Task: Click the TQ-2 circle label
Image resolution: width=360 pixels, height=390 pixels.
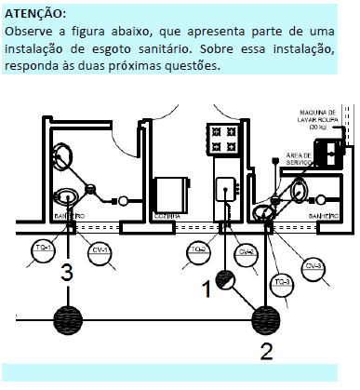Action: coord(197,250)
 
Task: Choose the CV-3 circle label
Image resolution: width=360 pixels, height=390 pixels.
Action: coord(313,266)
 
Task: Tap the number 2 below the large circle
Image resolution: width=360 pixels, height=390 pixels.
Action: coord(266,352)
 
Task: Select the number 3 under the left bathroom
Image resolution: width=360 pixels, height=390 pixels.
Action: coord(66,274)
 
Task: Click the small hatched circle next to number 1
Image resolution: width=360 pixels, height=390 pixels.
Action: coord(226,280)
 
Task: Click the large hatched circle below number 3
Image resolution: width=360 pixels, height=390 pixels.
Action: coord(66,320)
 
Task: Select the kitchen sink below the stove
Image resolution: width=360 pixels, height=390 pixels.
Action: coord(226,192)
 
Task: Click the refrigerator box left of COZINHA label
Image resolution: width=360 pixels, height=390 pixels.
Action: coord(171,194)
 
